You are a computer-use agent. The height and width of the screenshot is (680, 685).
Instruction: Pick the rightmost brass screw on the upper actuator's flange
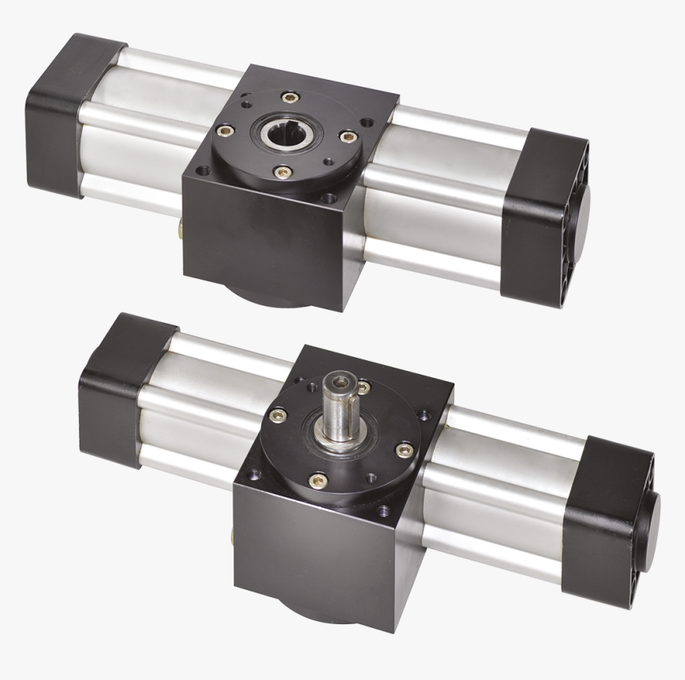347,137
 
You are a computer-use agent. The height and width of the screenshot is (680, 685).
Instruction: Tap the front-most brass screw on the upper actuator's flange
280,171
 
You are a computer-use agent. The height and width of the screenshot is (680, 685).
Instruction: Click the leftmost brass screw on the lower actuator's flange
278,415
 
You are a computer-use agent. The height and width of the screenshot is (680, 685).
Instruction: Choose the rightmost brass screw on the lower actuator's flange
404,450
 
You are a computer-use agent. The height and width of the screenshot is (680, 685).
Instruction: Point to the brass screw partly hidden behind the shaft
364,388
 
